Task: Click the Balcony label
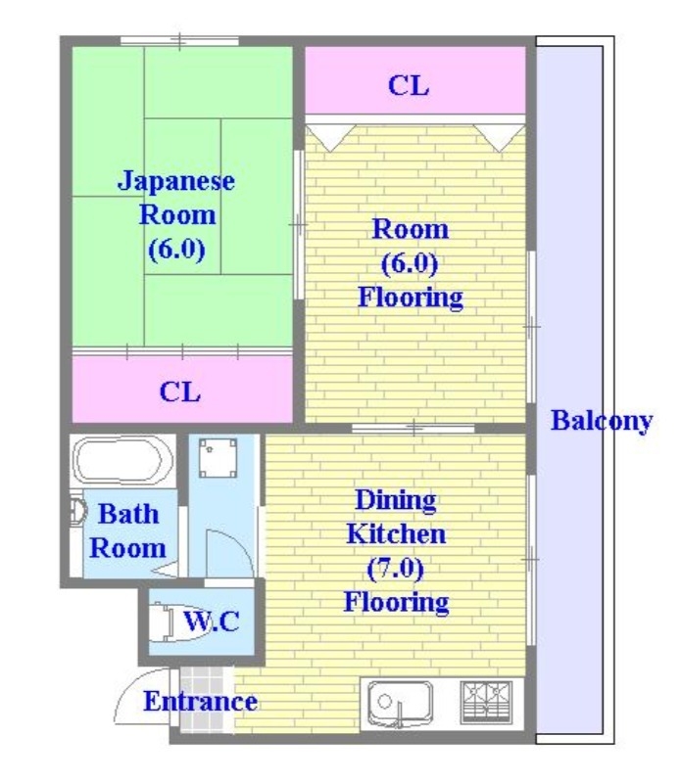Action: (x=601, y=422)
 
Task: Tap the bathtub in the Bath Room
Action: (x=122, y=462)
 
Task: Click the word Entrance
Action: (x=200, y=701)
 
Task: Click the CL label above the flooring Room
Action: (x=409, y=85)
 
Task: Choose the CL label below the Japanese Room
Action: (x=180, y=392)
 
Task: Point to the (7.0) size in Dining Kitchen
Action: (x=396, y=568)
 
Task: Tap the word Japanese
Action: (x=176, y=181)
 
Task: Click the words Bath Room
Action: (x=127, y=530)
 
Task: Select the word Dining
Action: (x=395, y=500)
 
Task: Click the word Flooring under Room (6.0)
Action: (x=410, y=297)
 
